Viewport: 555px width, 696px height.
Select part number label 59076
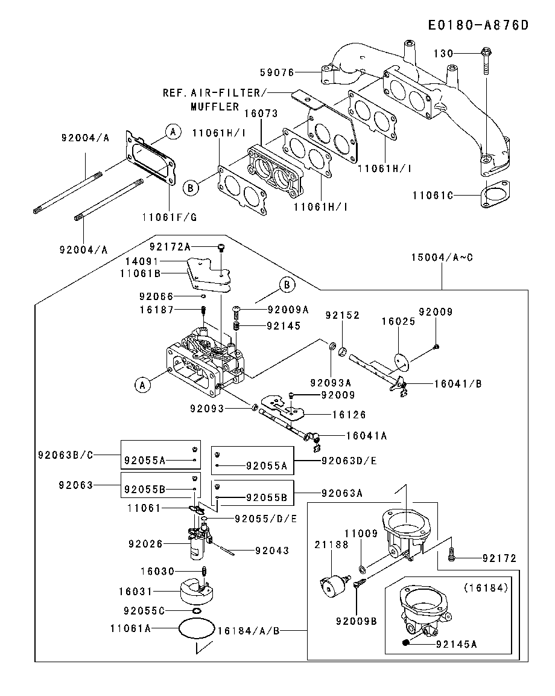277,72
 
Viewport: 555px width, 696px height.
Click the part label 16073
260,113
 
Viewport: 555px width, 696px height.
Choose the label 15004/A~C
442,258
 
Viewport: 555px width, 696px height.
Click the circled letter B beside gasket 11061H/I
191,188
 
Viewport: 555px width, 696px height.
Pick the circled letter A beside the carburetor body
142,385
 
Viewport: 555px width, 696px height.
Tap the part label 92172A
170,247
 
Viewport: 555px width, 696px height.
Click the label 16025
398,322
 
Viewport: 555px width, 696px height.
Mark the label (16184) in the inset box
486,587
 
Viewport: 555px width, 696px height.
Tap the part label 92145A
456,644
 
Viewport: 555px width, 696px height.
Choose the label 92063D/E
349,461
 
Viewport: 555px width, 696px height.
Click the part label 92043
272,551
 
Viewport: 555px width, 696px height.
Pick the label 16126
349,415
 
